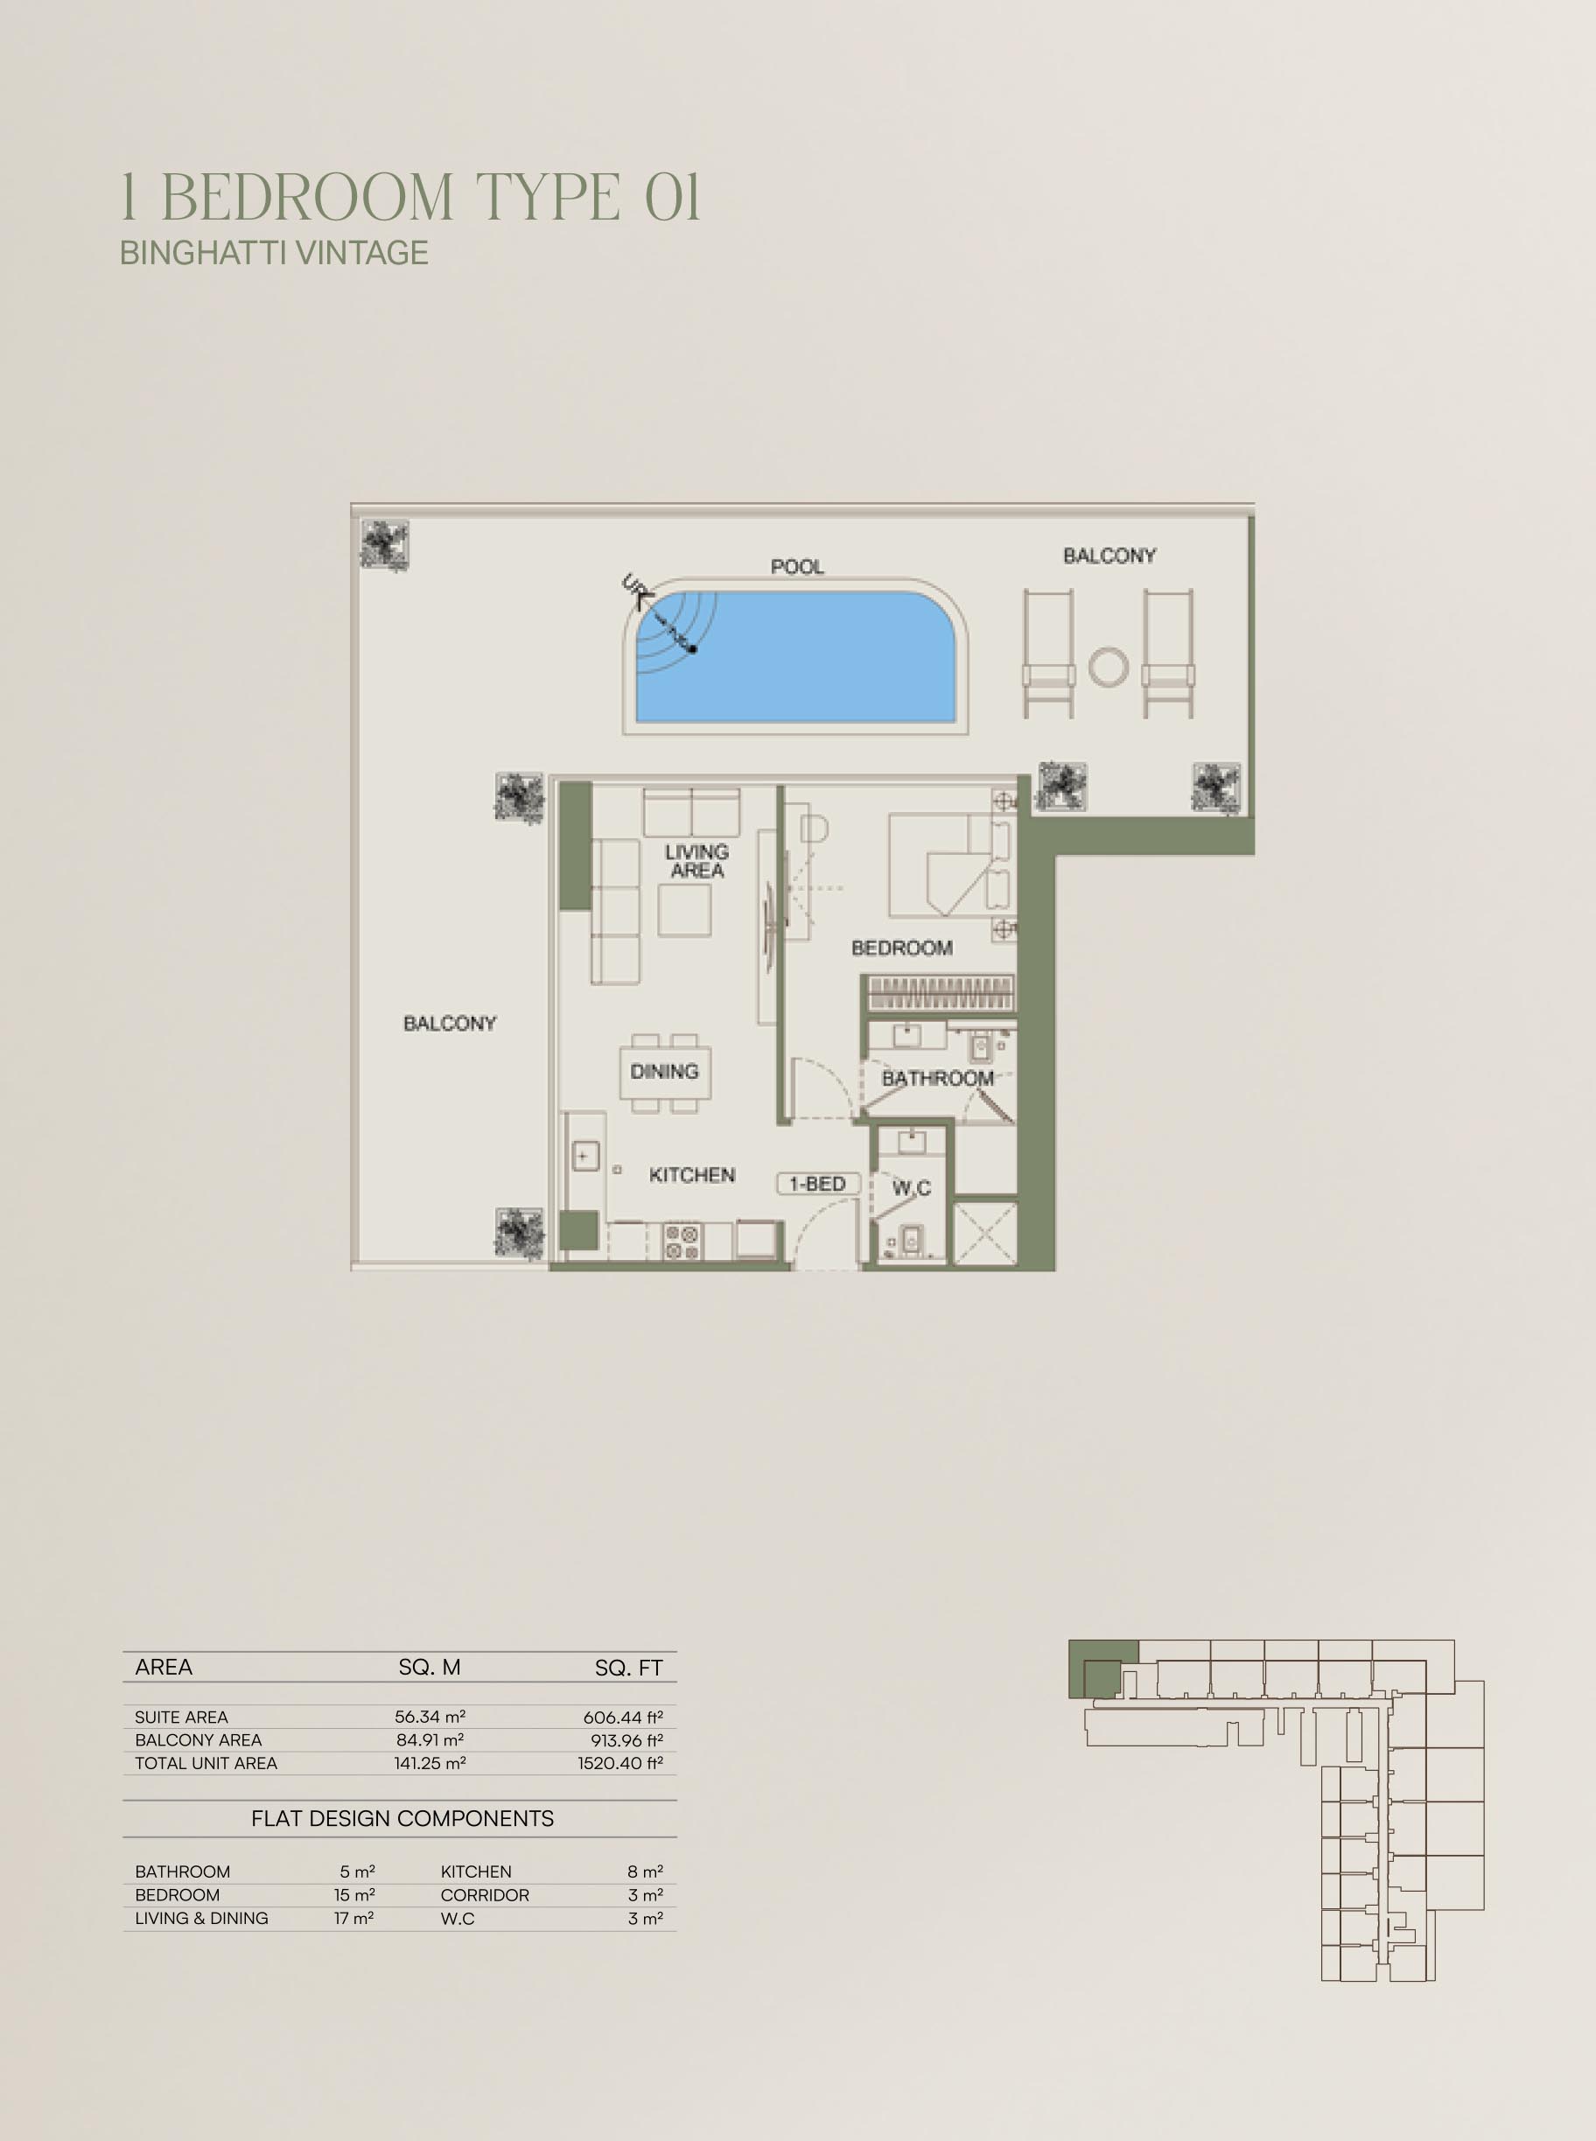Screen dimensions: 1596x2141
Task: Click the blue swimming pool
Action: pyautogui.click(x=795, y=657)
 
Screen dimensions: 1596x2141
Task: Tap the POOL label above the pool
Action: pyautogui.click(x=797, y=566)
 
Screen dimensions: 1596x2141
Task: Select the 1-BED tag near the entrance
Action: pyautogui.click(x=817, y=1184)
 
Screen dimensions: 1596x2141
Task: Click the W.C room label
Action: pyautogui.click(x=911, y=1187)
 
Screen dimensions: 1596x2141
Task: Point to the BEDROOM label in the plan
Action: pyautogui.click(x=901, y=948)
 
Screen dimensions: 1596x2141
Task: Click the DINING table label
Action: pyautogui.click(x=664, y=1072)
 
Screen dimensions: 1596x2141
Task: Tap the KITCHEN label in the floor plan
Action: pyautogui.click(x=692, y=1175)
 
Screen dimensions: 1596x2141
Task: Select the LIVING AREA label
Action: pyautogui.click(x=696, y=861)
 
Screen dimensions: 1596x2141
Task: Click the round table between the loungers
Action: pyautogui.click(x=1108, y=667)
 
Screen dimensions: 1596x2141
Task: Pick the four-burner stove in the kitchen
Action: pyautogui.click(x=682, y=1242)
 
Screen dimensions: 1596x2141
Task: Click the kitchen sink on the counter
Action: pyautogui.click(x=585, y=1157)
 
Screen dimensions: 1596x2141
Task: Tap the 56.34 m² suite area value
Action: pyautogui.click(x=430, y=1717)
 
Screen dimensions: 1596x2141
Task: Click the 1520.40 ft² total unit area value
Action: pyautogui.click(x=620, y=1763)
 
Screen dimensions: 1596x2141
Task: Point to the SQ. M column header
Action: pyautogui.click(x=430, y=1668)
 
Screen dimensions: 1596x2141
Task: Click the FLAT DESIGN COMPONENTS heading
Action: pyautogui.click(x=402, y=1818)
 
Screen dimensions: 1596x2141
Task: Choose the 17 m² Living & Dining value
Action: pyautogui.click(x=354, y=1918)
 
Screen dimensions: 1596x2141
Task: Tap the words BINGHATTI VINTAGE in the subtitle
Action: pyautogui.click(x=275, y=252)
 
